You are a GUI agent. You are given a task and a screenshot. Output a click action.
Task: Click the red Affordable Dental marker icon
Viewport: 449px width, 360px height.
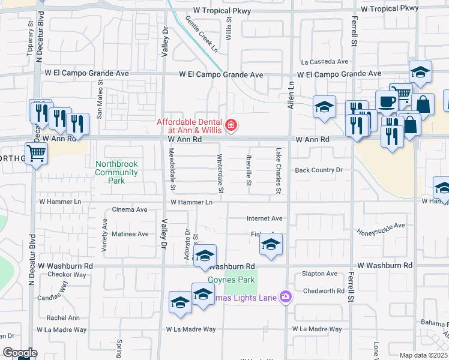231,125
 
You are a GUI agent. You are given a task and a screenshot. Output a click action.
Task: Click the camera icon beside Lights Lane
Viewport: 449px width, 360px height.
285,298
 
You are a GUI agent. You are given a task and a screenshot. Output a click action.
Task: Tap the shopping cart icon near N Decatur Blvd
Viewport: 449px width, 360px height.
37,154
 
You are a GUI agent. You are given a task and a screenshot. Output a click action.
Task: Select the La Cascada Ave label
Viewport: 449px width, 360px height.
325,62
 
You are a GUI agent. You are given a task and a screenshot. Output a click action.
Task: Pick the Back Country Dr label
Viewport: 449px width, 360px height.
318,170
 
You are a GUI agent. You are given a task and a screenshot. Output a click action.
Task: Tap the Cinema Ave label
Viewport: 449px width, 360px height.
130,210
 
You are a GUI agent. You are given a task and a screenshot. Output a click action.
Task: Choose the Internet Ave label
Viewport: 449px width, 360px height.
264,219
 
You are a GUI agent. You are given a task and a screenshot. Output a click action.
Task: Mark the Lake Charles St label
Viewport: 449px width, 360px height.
279,171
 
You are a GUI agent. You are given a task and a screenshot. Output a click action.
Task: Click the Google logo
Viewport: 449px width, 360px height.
19,353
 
